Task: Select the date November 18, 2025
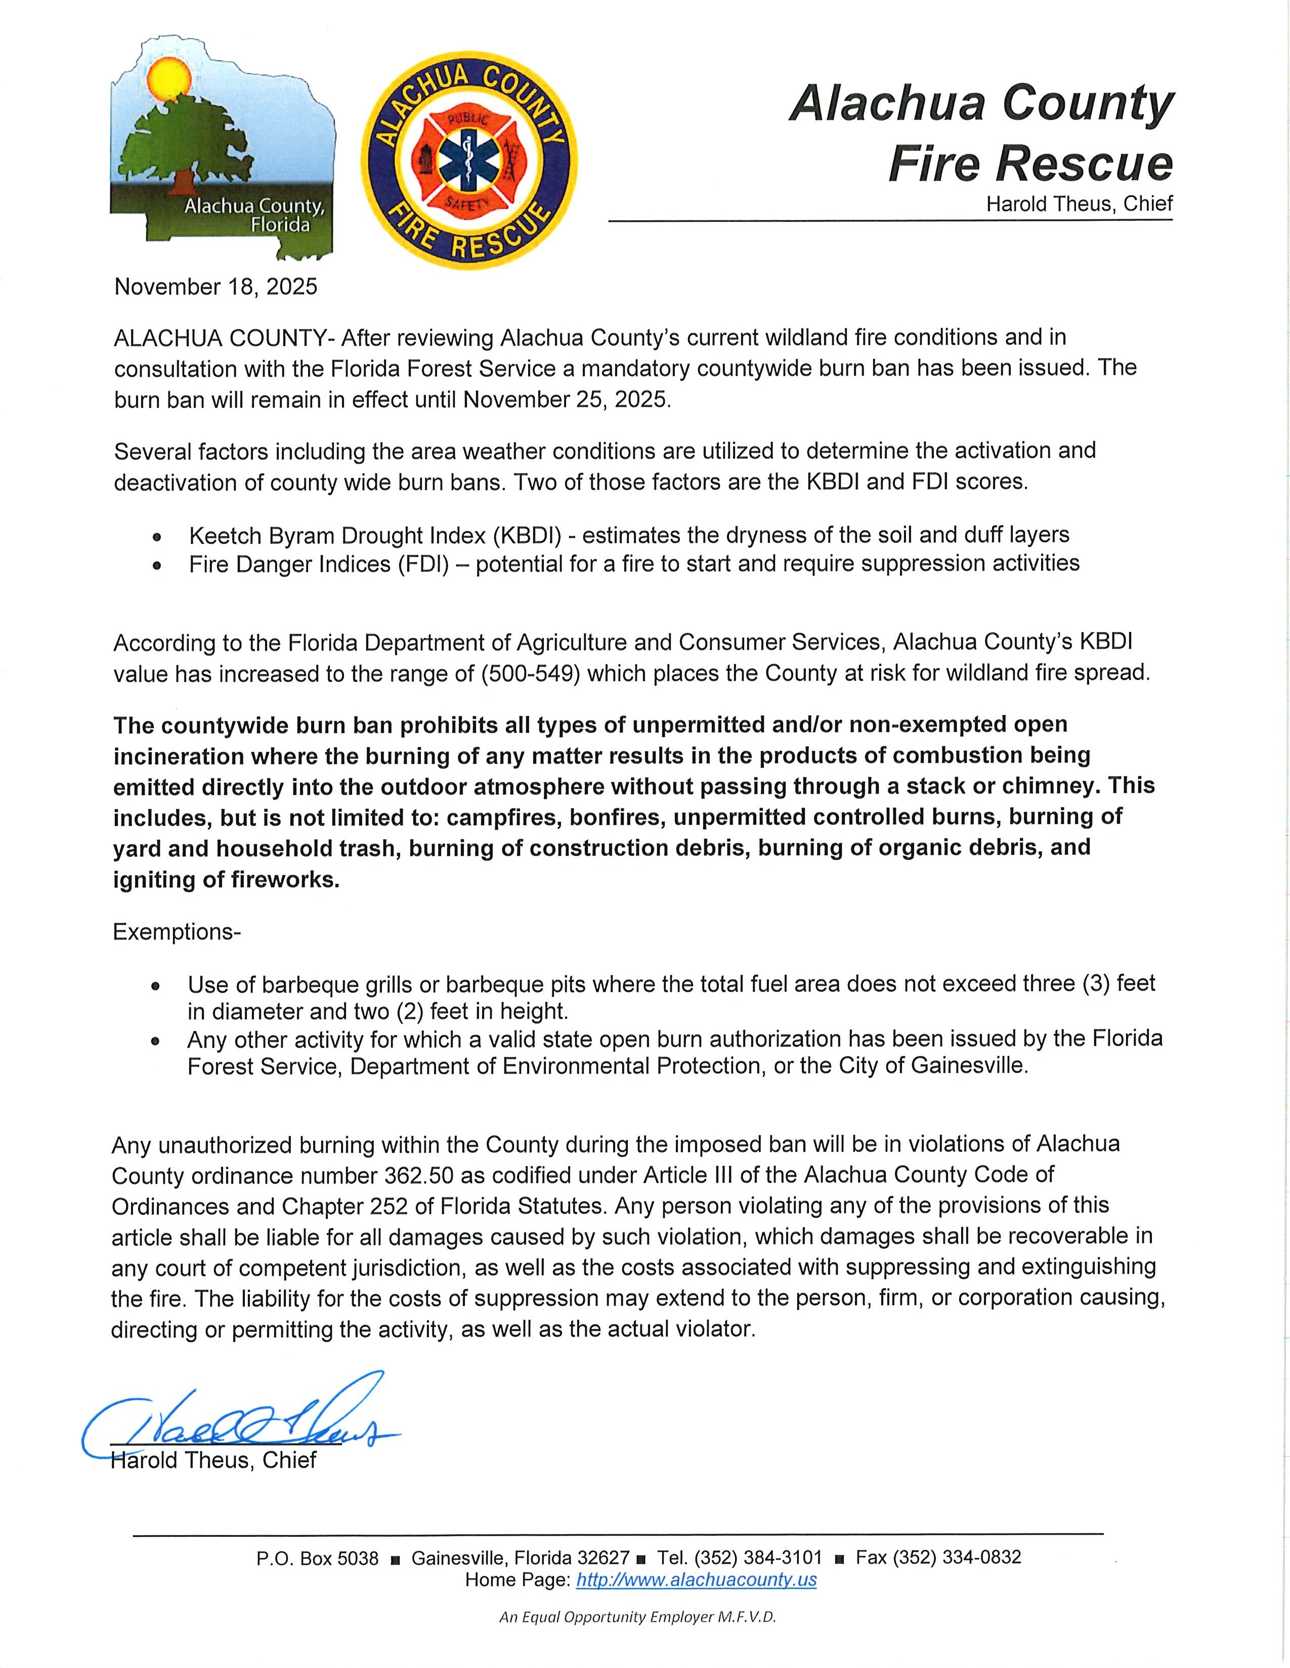coord(216,287)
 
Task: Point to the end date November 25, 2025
coord(566,399)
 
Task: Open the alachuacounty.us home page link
coord(696,1580)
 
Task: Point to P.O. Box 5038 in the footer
coord(317,1558)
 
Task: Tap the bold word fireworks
coord(284,880)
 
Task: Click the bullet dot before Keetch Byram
coord(157,537)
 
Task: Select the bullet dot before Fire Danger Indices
coord(157,567)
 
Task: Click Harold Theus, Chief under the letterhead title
coord(1079,204)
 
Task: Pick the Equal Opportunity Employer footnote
coord(637,1617)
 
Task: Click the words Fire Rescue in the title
coord(1029,163)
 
